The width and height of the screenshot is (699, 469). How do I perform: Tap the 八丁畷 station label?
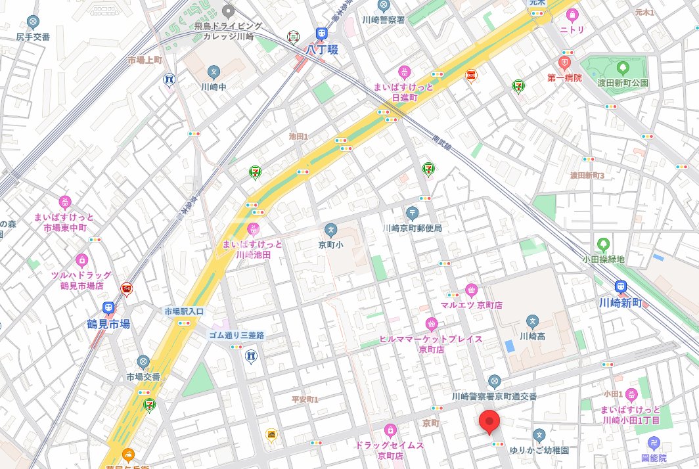click(322, 48)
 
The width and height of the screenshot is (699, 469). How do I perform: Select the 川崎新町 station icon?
click(620, 286)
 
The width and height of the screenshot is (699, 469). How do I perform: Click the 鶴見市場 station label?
click(108, 324)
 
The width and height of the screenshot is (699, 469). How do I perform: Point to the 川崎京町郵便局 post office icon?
click(412, 212)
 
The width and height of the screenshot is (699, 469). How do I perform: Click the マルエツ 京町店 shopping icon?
click(471, 290)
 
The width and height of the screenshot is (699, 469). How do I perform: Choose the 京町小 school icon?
click(331, 231)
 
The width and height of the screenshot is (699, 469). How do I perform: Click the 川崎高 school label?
click(532, 336)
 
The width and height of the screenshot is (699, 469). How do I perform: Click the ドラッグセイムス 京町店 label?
click(390, 450)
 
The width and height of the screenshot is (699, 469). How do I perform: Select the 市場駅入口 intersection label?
click(185, 311)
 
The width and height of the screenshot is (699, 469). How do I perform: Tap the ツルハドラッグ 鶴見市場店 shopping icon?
click(82, 261)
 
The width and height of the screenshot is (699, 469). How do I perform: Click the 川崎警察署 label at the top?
click(383, 20)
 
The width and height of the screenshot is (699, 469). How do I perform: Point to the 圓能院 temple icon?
click(653, 443)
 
